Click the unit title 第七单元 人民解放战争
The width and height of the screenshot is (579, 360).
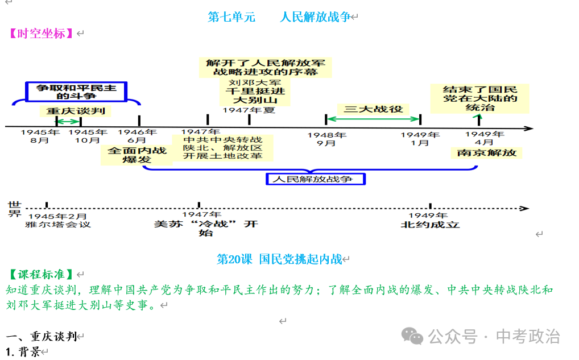click(279, 17)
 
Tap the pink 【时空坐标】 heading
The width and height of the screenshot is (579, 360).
click(41, 34)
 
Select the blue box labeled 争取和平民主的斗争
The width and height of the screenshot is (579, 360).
click(76, 92)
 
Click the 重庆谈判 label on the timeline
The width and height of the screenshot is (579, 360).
click(76, 111)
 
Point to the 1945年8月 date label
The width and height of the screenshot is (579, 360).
click(40, 136)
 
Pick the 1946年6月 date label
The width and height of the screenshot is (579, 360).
click(137, 136)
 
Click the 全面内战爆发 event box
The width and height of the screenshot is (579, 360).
click(137, 155)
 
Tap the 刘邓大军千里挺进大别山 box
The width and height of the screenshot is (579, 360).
click(255, 91)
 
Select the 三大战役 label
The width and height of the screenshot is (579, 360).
click(373, 109)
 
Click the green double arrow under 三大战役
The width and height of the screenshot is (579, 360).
click(373, 119)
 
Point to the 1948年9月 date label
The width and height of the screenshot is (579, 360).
click(327, 139)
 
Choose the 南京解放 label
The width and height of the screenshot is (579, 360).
click(486, 153)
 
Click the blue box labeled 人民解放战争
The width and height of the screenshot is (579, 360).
click(316, 179)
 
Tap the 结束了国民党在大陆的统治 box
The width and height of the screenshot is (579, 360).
click(479, 98)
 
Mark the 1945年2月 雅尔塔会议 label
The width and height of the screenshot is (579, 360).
click(58, 221)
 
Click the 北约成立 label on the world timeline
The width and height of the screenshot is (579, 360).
click(430, 225)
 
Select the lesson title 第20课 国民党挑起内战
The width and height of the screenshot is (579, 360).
click(279, 259)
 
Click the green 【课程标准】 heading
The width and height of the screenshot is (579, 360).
click(41, 274)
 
